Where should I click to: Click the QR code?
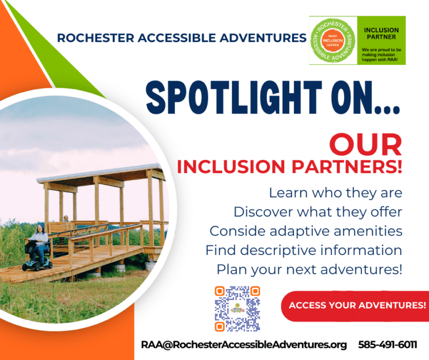tap(237, 308)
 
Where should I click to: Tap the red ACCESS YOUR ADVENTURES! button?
tap(357, 306)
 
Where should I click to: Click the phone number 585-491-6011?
tap(388, 344)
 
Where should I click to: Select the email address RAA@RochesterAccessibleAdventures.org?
tap(244, 344)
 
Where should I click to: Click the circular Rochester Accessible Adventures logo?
tap(332, 40)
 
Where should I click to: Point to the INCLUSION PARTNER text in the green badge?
tap(381, 33)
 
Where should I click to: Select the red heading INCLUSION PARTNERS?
tap(289, 167)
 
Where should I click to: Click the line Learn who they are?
tap(335, 193)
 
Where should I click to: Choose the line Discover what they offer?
tap(318, 212)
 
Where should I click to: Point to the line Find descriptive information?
tap(303, 250)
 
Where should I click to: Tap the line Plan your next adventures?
tap(309, 269)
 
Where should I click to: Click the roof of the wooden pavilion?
tap(101, 174)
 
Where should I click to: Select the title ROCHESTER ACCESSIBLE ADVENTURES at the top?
tap(182, 39)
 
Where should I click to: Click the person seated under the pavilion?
tap(66, 219)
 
